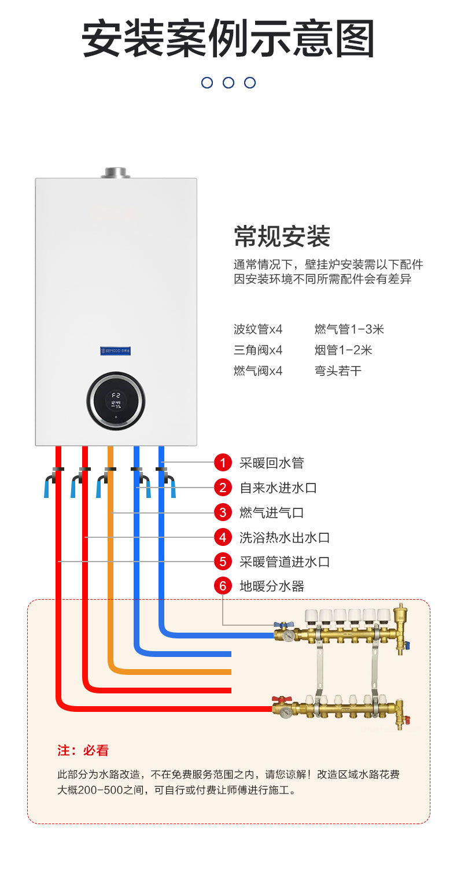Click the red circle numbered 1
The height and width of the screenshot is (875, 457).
tap(223, 463)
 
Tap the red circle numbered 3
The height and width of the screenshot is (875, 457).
tap(223, 512)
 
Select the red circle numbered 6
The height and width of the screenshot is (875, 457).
tap(223, 586)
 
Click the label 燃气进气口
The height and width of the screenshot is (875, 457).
tap(271, 512)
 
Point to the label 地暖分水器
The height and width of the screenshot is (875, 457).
tap(271, 586)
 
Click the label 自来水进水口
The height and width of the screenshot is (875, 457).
tap(278, 488)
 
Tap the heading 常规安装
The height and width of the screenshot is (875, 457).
tap(282, 237)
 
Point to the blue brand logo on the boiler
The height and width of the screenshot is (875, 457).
tap(116, 350)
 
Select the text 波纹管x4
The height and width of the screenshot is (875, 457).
tap(258, 330)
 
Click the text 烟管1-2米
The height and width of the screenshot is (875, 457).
tap(344, 350)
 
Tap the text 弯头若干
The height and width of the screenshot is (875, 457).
tap(338, 371)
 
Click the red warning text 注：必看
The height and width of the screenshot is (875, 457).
tap(83, 751)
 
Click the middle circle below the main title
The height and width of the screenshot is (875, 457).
tap(228, 83)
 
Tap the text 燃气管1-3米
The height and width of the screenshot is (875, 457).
tap(349, 330)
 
